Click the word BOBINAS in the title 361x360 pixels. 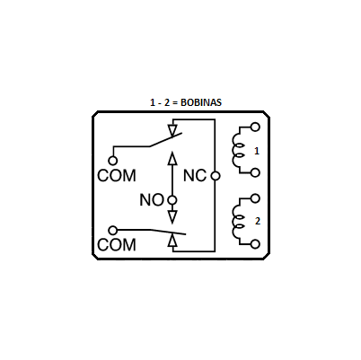201,102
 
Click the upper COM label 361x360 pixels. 117,176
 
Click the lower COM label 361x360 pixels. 117,245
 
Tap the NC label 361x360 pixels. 195,176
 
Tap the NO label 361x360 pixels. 152,200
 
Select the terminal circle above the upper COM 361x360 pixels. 113,161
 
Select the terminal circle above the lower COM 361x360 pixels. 113,231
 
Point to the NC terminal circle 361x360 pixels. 216,176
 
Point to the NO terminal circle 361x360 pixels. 172,200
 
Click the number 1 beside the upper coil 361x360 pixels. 257,151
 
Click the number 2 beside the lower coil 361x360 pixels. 258,221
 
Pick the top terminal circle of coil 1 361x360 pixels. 255,127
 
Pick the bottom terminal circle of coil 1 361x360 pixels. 255,172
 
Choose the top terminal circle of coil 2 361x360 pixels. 255,198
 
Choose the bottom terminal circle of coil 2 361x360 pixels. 255,244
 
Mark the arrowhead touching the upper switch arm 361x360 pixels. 172,130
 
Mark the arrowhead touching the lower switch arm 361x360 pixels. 172,240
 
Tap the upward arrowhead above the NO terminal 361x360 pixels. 172,159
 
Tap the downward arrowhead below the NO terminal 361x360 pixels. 172,216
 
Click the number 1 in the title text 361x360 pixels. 153,102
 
